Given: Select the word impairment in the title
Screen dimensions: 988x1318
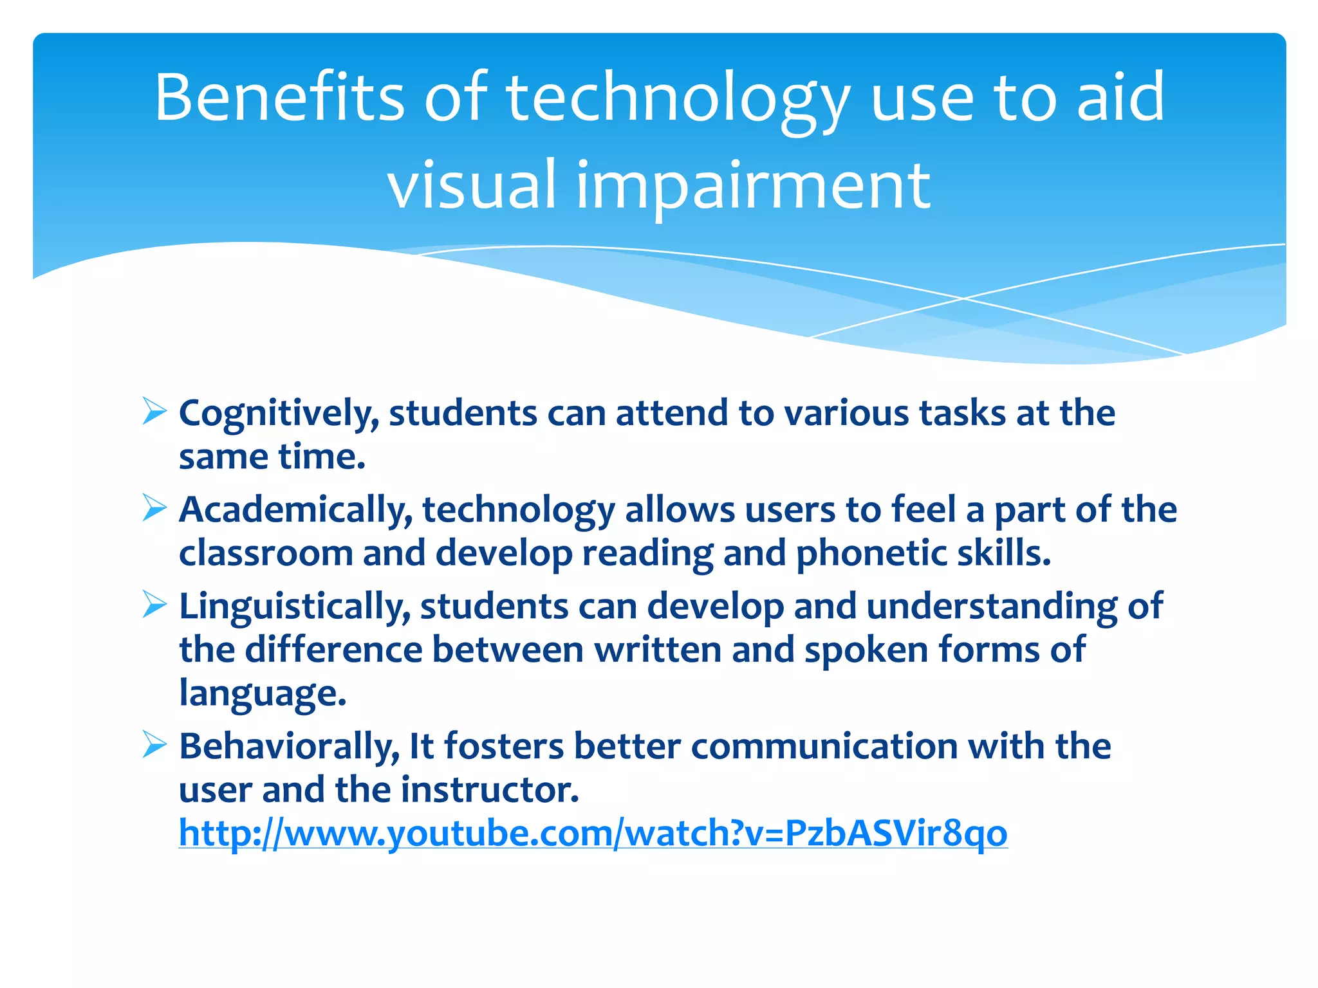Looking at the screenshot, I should point(752,187).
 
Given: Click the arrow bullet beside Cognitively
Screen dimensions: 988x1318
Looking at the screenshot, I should point(154,412).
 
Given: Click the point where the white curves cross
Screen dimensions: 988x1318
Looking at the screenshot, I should point(963,298).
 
